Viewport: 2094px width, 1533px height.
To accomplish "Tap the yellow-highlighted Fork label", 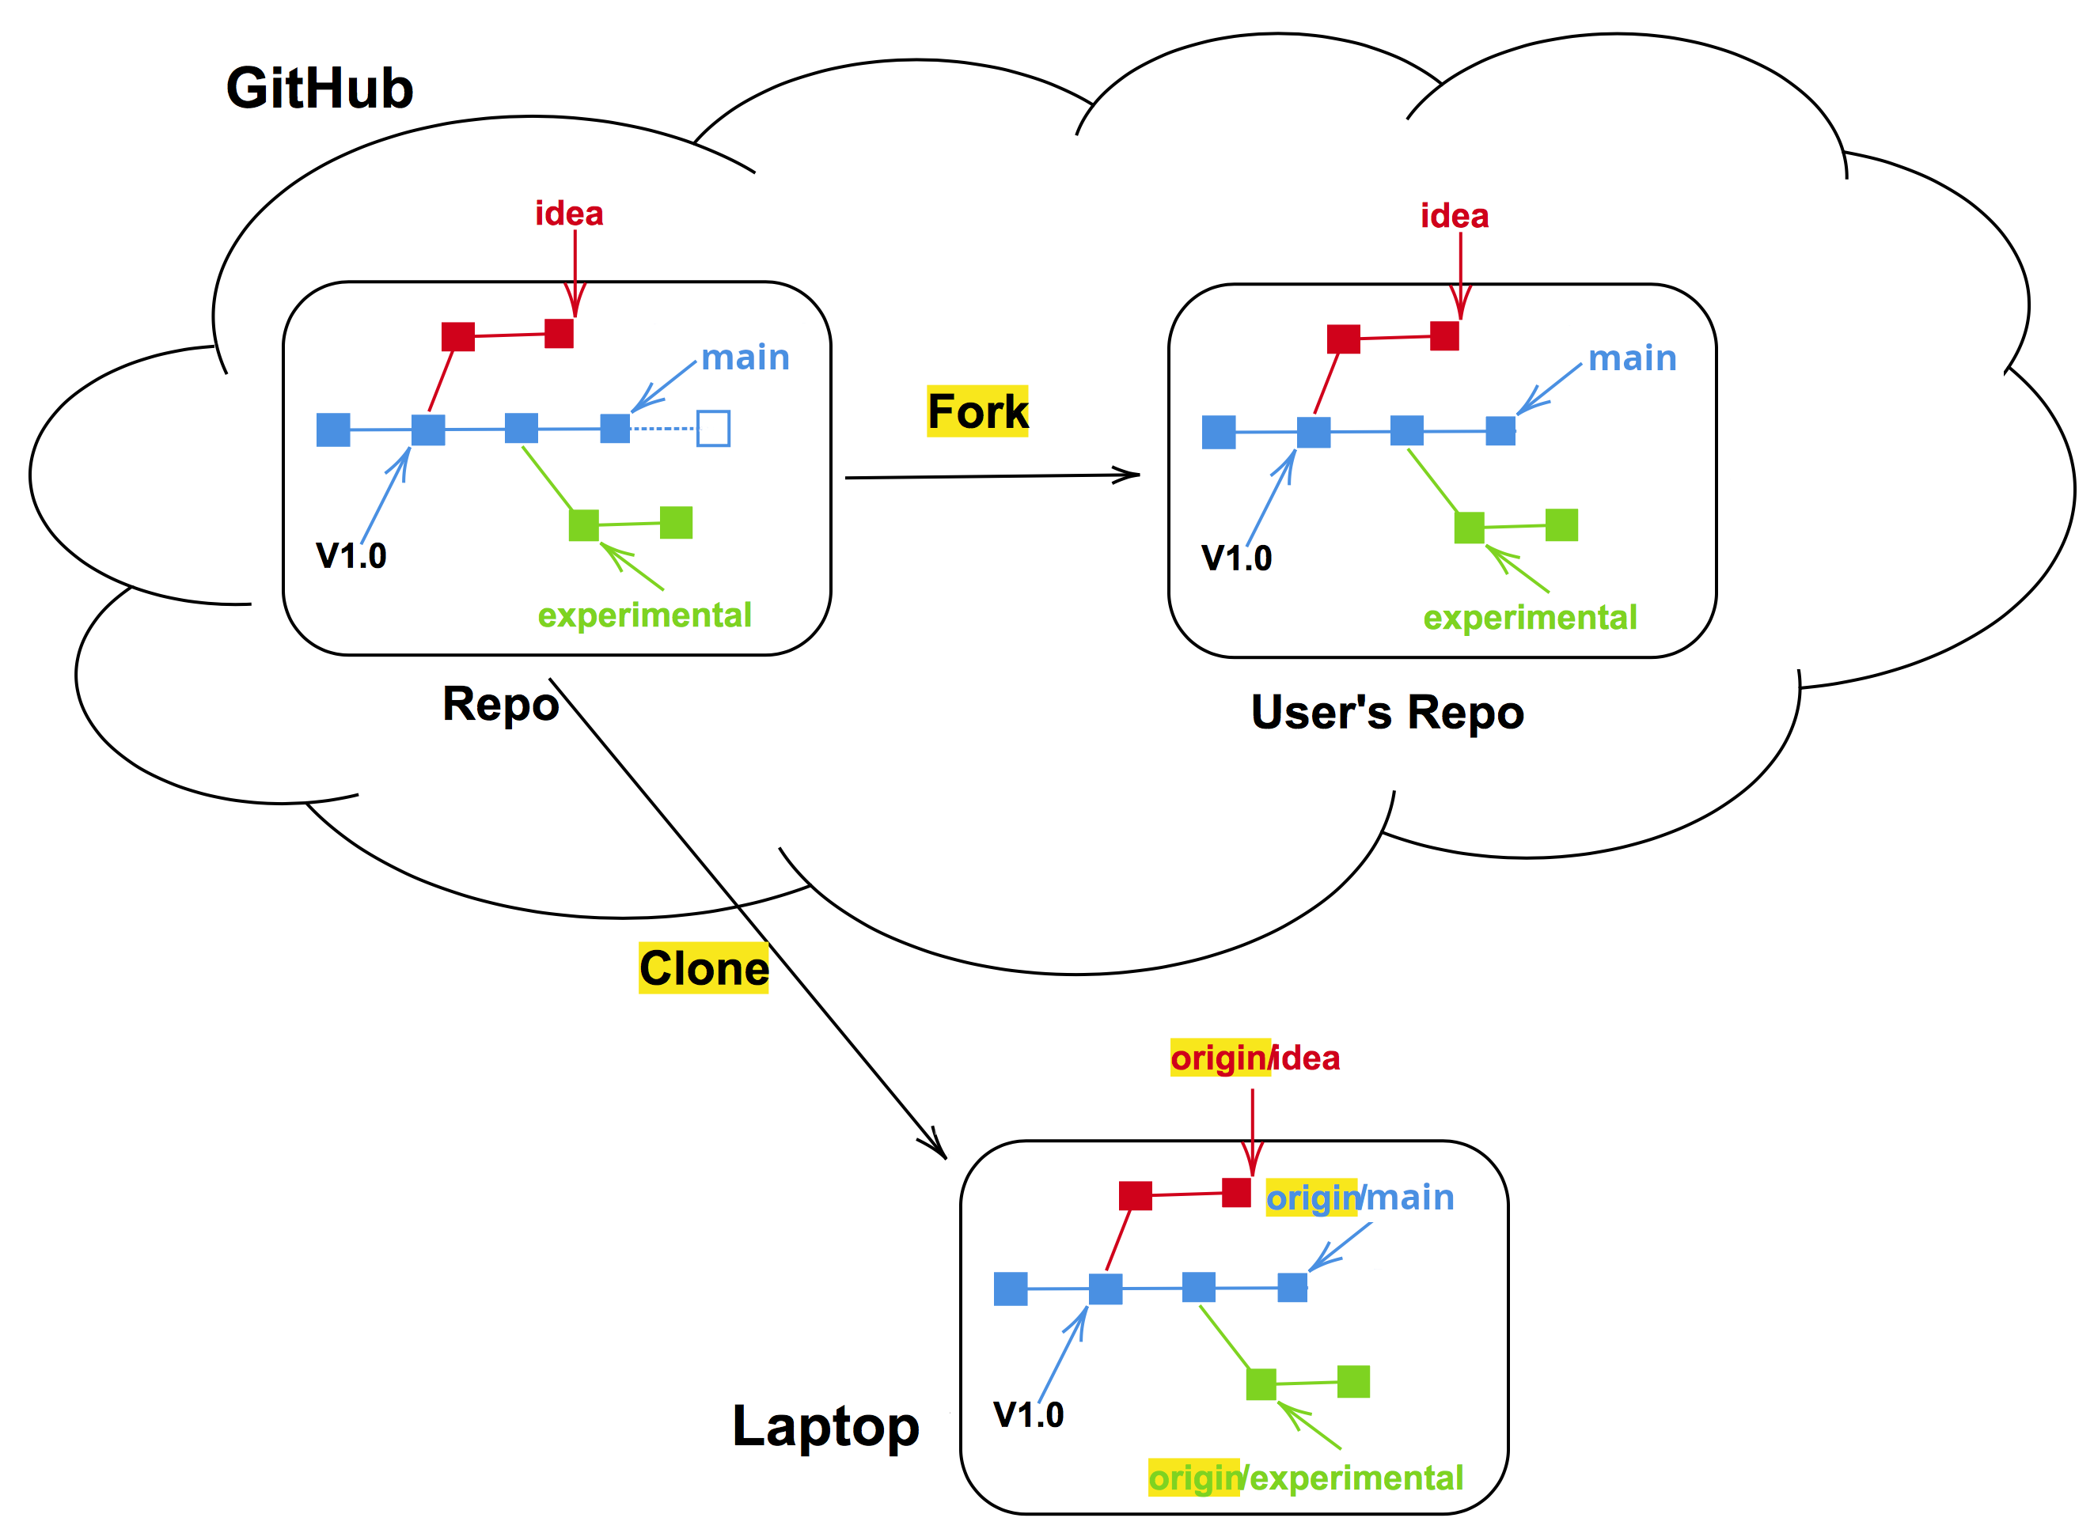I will (x=977, y=411).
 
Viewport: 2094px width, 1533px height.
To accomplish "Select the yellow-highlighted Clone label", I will (x=704, y=968).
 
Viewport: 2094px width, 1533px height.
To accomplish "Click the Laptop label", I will (x=825, y=1426).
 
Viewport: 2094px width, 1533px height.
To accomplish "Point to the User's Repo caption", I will (x=1387, y=713).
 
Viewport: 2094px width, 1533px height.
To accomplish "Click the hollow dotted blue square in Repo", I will (x=713, y=429).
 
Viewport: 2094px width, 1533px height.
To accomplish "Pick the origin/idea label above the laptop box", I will (x=1255, y=1058).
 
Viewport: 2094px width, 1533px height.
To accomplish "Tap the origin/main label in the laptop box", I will (x=1360, y=1198).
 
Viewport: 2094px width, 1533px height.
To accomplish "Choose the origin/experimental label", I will (x=1305, y=1478).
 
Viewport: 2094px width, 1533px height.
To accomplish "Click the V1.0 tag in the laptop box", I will (x=1029, y=1415).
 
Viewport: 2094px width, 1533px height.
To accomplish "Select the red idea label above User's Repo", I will (x=1455, y=216).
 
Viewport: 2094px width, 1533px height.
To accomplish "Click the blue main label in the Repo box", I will (x=745, y=358).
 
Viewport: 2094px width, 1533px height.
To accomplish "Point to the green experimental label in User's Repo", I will (x=1530, y=618).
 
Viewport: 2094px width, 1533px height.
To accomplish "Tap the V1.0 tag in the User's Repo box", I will (x=1236, y=558).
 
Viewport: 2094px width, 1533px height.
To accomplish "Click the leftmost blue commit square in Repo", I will (x=333, y=430).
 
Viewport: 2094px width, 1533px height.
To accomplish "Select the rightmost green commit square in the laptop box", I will (x=1353, y=1382).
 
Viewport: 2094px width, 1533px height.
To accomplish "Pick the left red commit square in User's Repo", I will (x=1343, y=339).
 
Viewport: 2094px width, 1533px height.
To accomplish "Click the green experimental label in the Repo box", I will (x=644, y=615).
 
